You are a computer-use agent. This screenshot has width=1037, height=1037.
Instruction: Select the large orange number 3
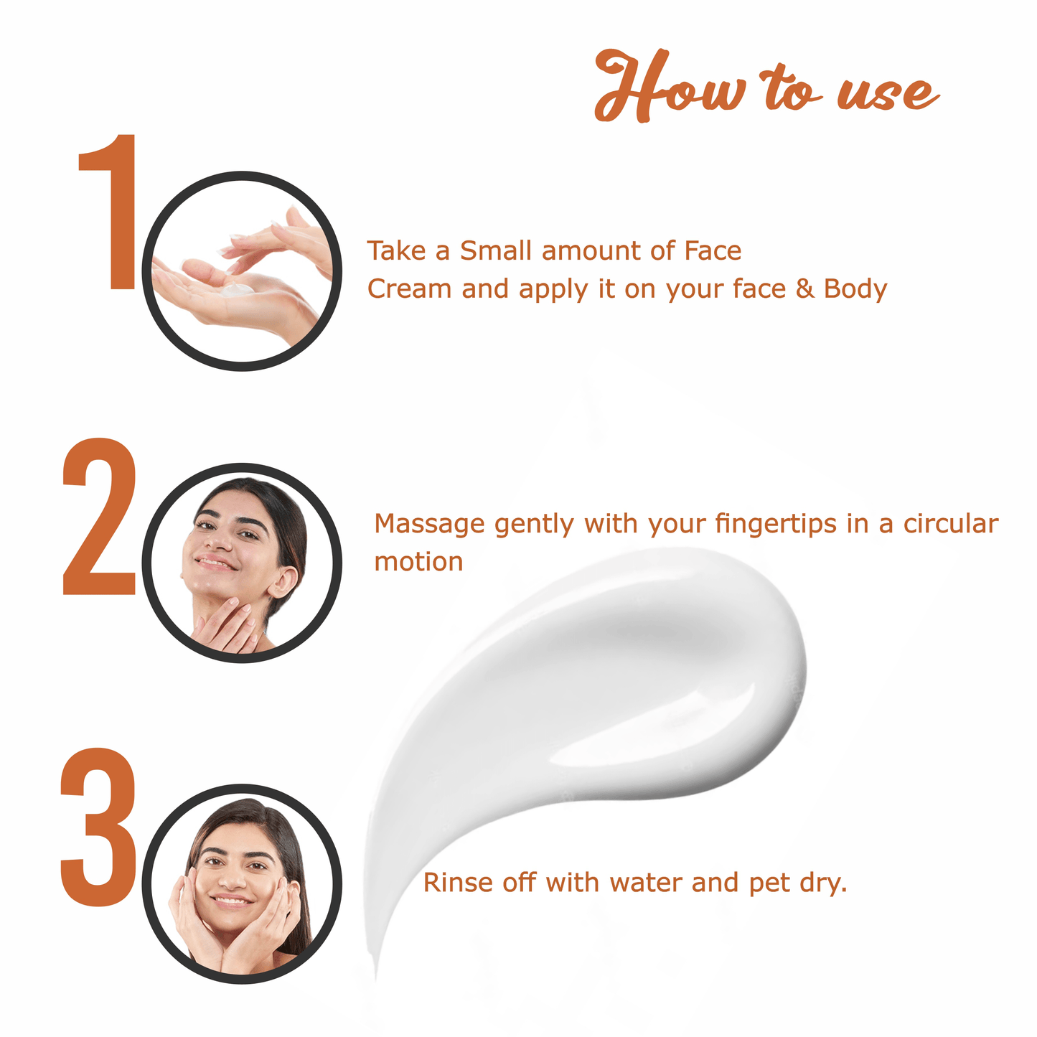click(98, 826)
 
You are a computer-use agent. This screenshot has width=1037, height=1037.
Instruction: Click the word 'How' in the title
click(670, 86)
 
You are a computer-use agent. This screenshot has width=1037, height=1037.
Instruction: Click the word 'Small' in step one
click(496, 250)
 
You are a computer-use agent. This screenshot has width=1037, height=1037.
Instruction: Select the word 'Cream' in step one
click(409, 289)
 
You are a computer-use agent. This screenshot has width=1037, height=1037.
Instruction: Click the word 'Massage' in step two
click(429, 525)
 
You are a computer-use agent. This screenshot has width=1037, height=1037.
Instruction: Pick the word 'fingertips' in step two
click(776, 525)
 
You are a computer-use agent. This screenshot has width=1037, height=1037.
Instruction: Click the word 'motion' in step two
click(418, 562)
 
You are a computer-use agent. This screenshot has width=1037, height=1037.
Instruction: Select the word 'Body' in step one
click(855, 289)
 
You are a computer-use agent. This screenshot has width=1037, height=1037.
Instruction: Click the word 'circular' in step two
click(950, 524)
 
